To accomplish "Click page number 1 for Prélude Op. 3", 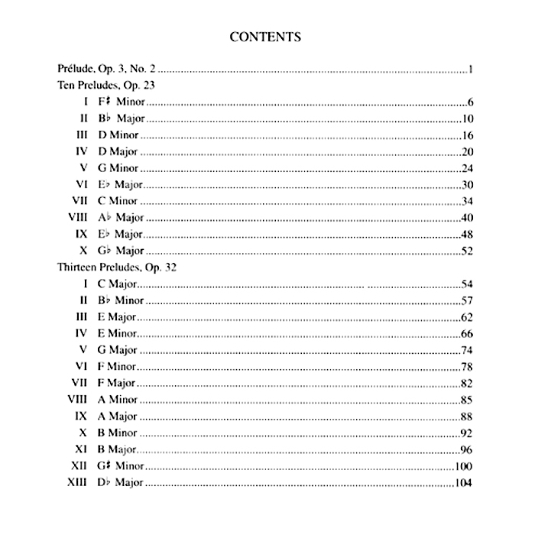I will coord(473,70).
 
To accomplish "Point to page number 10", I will coord(469,118).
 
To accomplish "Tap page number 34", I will coord(469,201).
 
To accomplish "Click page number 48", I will coord(469,234).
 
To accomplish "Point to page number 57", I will coord(469,300).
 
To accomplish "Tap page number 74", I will coord(469,350).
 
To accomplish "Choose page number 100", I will coord(465,466).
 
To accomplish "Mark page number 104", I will coord(465,482).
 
